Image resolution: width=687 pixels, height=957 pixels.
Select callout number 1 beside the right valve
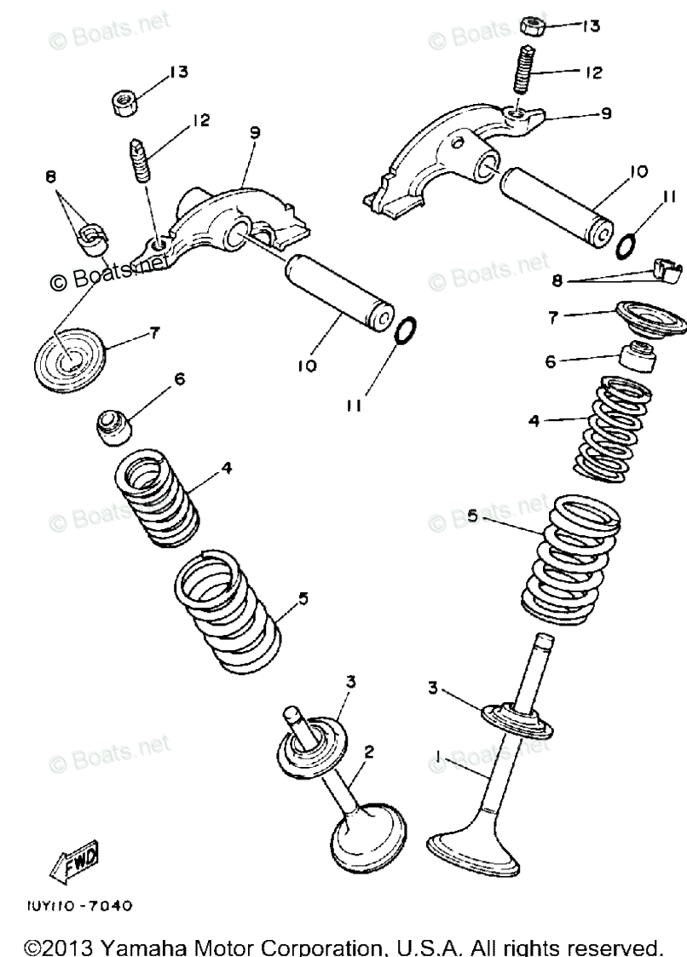[x=438, y=756]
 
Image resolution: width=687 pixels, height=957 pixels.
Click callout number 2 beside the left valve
[x=369, y=751]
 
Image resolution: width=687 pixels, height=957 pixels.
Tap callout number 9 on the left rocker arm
[x=254, y=132]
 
